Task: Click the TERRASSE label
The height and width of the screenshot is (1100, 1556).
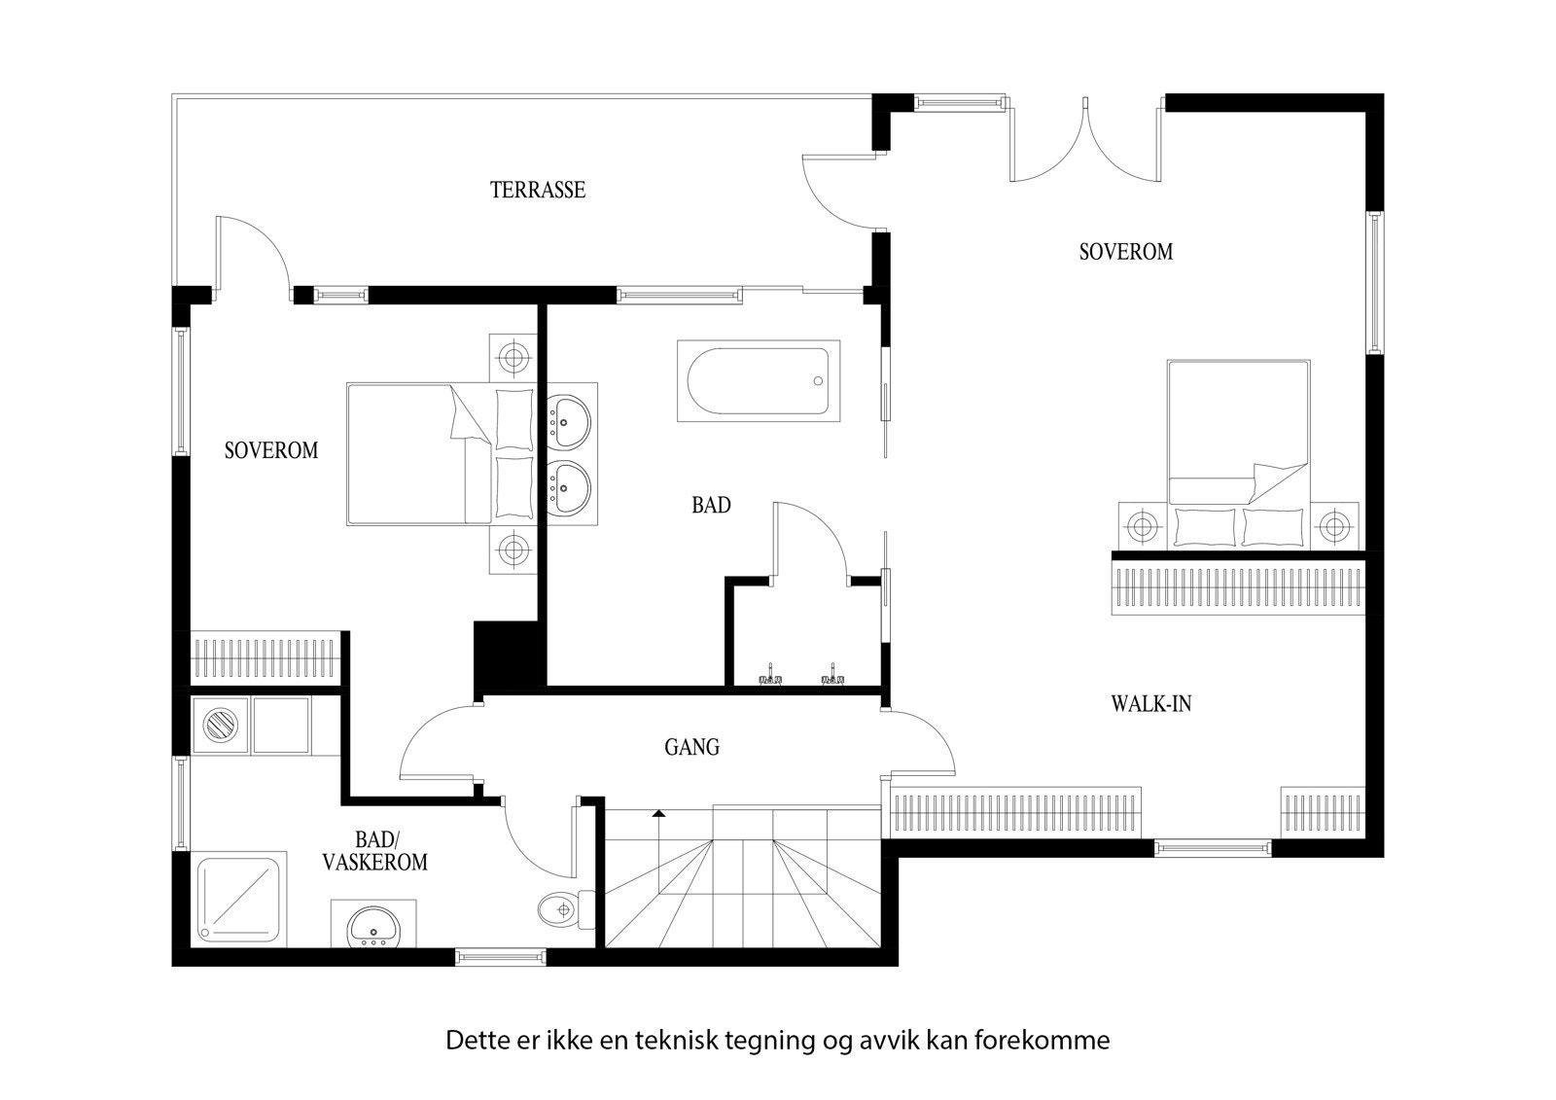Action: (x=538, y=190)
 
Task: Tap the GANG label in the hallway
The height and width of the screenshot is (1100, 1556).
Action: (x=692, y=747)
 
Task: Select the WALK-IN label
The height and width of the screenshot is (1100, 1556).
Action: (x=1150, y=703)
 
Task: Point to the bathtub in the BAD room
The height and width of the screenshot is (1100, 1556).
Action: (x=758, y=381)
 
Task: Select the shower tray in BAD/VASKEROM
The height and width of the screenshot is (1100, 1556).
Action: (x=241, y=898)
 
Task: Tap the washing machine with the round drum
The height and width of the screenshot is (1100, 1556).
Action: (x=220, y=727)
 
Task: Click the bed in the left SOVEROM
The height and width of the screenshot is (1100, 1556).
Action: (x=441, y=455)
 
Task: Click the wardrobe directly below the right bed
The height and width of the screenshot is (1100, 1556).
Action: (x=1238, y=585)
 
